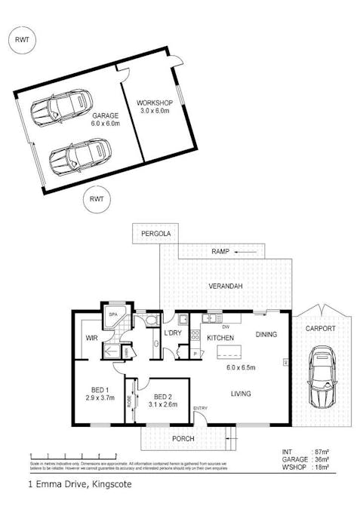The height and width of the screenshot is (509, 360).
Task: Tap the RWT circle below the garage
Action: click(x=97, y=199)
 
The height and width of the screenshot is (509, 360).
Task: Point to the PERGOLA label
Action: click(x=156, y=235)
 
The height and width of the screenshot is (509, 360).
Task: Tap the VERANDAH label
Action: click(x=225, y=287)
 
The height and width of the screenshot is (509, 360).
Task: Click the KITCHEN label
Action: click(x=220, y=337)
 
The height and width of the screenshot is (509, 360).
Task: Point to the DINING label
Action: click(x=266, y=334)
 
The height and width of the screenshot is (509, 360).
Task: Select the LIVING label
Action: click(x=241, y=393)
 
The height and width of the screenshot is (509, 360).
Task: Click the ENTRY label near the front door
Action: click(x=200, y=408)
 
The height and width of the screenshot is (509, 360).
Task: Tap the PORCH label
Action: click(x=183, y=439)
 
